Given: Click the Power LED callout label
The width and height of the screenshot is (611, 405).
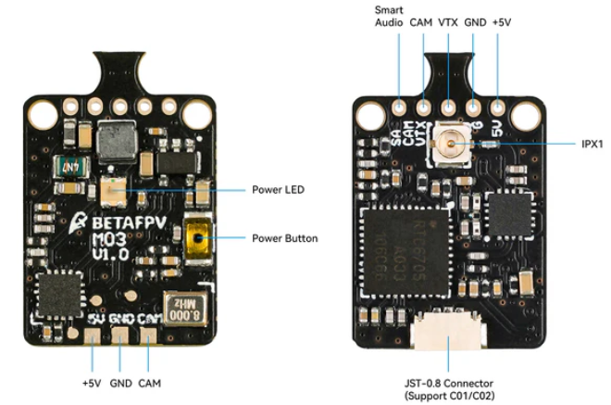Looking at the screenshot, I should click(x=279, y=190).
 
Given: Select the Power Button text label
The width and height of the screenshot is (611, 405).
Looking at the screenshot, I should click(x=285, y=238).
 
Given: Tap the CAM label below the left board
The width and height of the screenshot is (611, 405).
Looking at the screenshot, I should click(x=150, y=382).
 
